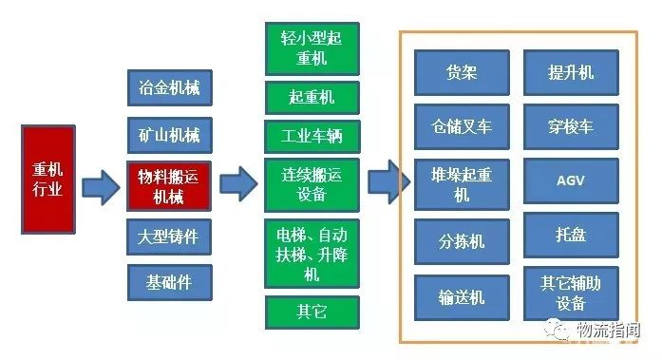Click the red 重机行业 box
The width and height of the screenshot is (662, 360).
[47, 178]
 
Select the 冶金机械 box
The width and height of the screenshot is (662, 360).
[169, 88]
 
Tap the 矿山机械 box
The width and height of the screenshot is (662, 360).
[169, 133]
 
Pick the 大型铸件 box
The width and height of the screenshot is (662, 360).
[169, 237]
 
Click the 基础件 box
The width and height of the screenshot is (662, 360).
[169, 282]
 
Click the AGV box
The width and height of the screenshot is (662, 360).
[571, 180]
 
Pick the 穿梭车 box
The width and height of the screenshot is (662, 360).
[571, 125]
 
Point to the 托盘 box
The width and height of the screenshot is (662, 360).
[571, 234]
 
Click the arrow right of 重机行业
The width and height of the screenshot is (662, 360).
[101, 187]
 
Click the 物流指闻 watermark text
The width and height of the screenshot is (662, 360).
[614, 331]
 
